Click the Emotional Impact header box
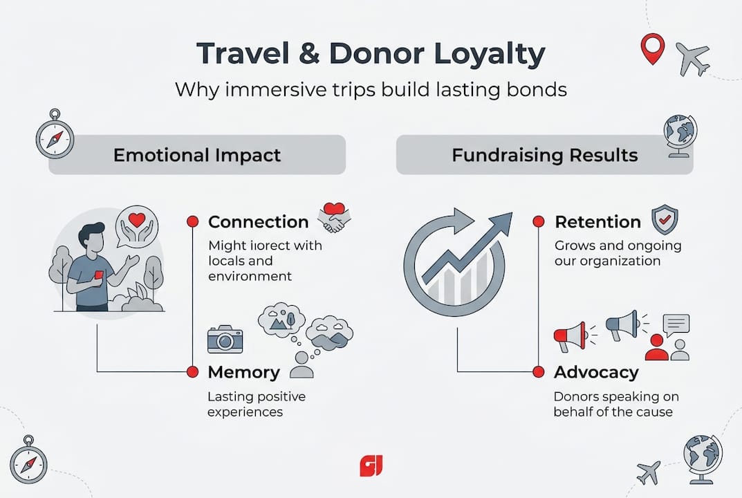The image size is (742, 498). pos(197,154)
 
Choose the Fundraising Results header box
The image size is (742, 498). pos(544,154)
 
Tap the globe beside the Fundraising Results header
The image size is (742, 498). pos(679,131)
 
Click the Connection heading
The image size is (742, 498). pos(258,222)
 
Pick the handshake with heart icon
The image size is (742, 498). pos(335,217)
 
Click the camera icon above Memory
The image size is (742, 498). pos(225,340)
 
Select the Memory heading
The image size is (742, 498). pos(243,372)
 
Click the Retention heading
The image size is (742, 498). pos(597,222)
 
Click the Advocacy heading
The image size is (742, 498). pos(595,372)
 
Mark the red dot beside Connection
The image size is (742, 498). pos(193,222)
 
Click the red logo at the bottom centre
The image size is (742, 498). pos(371,465)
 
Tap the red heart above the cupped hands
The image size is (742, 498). pos(138,220)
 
